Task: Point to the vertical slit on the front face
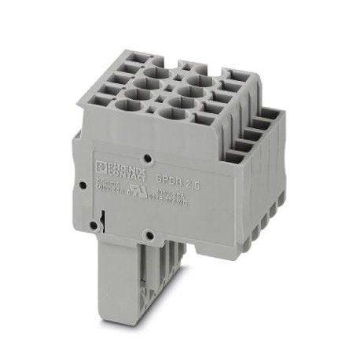(104, 214)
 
